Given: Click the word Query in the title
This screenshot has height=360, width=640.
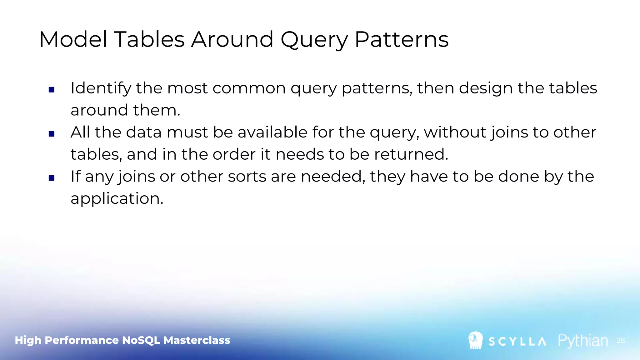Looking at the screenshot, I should (x=314, y=40).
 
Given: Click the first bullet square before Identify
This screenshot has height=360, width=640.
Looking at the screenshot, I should (x=52, y=90).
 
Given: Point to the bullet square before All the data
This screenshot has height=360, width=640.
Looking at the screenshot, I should (x=52, y=134).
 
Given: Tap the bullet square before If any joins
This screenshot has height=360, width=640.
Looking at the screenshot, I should (x=52, y=178).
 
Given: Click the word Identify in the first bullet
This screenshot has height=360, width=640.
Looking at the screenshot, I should (x=101, y=88).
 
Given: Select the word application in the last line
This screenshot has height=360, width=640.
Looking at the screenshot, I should (x=117, y=199).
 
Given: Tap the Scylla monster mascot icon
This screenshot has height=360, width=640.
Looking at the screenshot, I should (x=475, y=340).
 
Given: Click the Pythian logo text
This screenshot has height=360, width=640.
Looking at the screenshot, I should (x=583, y=341).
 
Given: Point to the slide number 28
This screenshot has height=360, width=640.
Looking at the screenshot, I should (x=621, y=340).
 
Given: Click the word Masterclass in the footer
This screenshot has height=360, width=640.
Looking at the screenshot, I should (x=197, y=340).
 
